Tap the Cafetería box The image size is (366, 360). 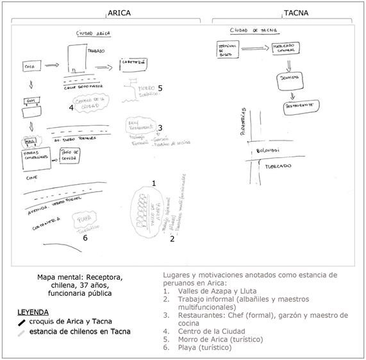pyautogui.click(x=133, y=63)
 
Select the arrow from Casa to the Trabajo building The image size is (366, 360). pyautogui.click(x=53, y=65)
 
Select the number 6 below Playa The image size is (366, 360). pyautogui.click(x=85, y=238)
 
